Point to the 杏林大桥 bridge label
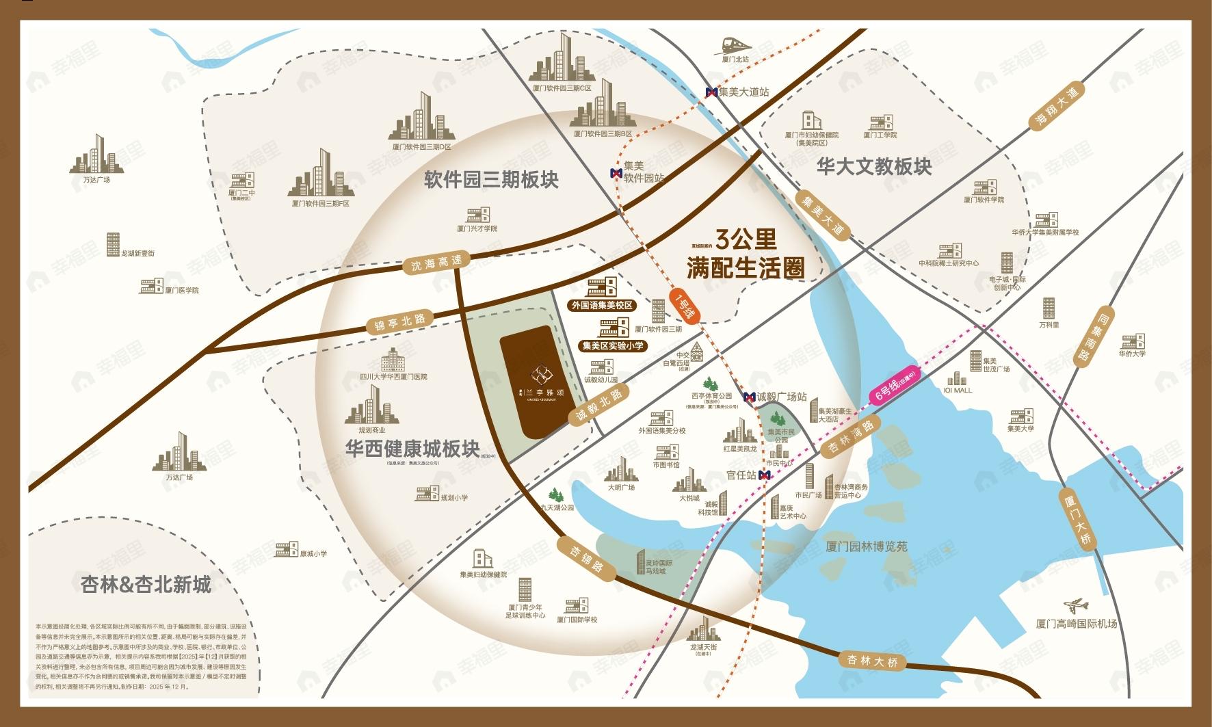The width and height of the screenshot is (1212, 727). (871, 661)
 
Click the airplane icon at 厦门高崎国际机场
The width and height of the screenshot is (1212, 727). (1077, 607)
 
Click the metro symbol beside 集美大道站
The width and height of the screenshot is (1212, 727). (712, 92)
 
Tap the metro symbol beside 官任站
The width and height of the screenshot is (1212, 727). (765, 475)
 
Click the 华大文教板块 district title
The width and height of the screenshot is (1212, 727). (874, 166)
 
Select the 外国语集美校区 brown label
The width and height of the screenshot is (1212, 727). (602, 306)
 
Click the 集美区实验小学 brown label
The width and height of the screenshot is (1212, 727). (612, 346)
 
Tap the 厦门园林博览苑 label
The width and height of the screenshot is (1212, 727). (866, 546)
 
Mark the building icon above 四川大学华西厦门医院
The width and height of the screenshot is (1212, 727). (393, 358)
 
